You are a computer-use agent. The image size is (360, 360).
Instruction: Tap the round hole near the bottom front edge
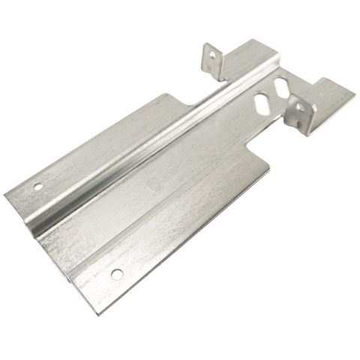point(116,274)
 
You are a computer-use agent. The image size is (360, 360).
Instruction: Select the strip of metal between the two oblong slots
point(274,94)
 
